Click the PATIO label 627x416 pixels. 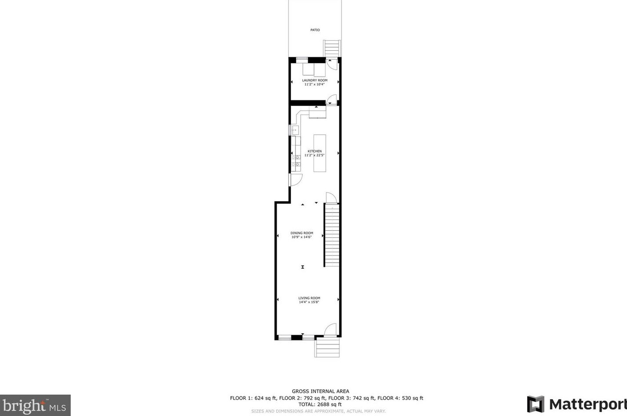[315, 30]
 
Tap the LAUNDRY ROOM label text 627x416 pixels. [315, 80]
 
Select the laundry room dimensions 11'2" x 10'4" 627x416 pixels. [315, 84]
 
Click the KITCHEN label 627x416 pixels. [315, 151]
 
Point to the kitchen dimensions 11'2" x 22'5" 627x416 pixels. [315, 155]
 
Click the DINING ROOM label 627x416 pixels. [302, 233]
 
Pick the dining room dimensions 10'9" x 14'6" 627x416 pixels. [302, 237]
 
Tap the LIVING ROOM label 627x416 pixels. [309, 298]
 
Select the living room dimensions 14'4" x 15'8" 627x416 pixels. [309, 302]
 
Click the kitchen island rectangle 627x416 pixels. [320, 153]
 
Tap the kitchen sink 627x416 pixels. [294, 130]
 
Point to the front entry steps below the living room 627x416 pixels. [327, 348]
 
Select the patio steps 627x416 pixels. [332, 48]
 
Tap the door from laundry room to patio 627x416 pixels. [332, 63]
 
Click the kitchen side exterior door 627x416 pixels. [295, 180]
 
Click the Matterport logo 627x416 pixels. [576, 404]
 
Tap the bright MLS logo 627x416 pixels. [35, 405]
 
